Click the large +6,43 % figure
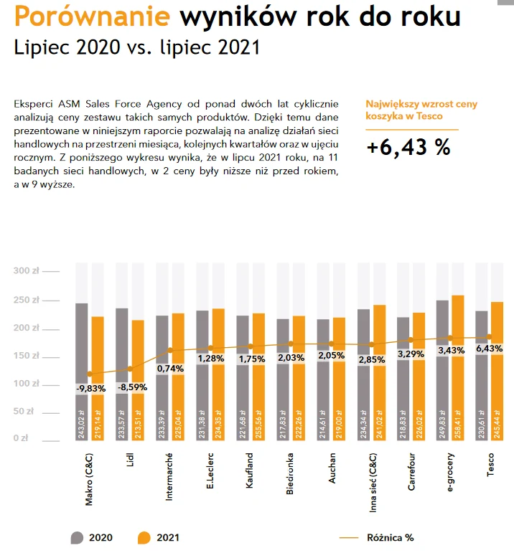408,147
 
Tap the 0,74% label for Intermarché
171,369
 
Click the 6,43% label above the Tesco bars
491,348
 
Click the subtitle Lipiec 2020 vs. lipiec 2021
136,48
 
